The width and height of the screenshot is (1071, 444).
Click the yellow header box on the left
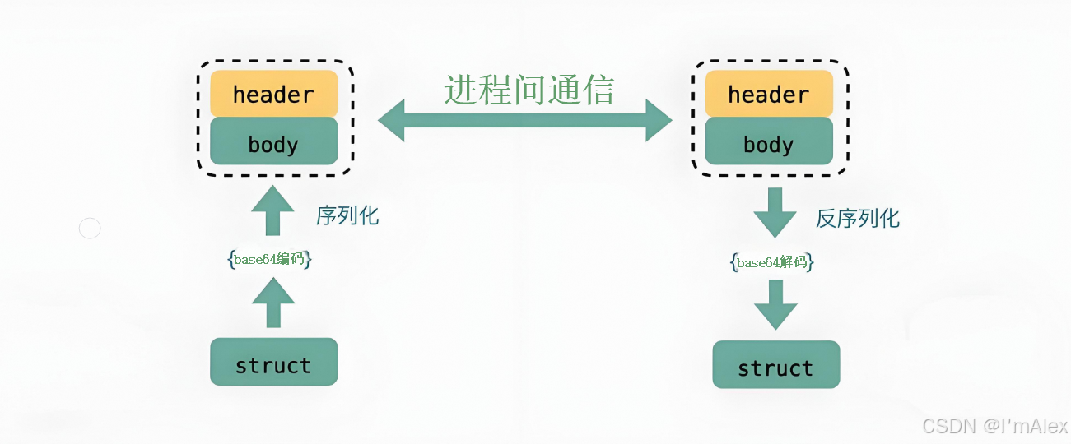click(x=273, y=93)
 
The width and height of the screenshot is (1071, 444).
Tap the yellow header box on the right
click(x=768, y=93)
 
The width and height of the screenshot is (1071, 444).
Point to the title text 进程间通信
click(x=529, y=90)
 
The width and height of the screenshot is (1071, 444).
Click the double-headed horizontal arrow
click(x=525, y=121)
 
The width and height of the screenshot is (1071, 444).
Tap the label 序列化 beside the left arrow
click(x=347, y=215)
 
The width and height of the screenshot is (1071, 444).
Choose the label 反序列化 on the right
click(x=857, y=218)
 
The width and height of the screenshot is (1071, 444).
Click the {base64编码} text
click(x=269, y=260)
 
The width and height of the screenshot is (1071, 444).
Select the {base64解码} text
click(x=772, y=263)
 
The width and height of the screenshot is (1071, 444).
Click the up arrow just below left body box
click(x=272, y=211)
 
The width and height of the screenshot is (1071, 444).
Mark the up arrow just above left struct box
click(x=272, y=303)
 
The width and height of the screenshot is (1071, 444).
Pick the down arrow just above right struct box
click(x=775, y=304)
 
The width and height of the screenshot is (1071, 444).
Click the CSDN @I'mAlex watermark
click(x=994, y=426)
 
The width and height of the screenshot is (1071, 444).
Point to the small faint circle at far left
click(x=90, y=229)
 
